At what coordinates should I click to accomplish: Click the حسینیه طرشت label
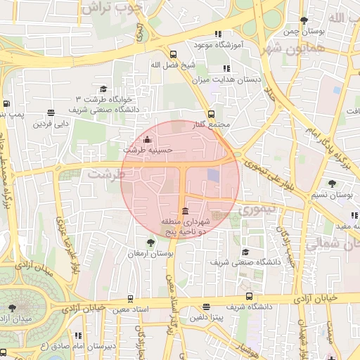point(143,150)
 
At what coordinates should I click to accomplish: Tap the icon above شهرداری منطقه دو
point(185,212)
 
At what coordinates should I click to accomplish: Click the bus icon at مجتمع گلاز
point(211,114)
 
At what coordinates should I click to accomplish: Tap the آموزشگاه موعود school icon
point(217,34)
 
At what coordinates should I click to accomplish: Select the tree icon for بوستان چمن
point(303,20)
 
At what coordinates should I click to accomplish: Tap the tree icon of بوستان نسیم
point(332,184)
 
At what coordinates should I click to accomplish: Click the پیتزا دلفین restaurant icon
point(205,307)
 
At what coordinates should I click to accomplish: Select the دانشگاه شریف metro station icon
point(249,297)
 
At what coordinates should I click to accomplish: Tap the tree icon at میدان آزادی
point(12,308)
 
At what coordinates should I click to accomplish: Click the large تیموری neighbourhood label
point(259,210)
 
